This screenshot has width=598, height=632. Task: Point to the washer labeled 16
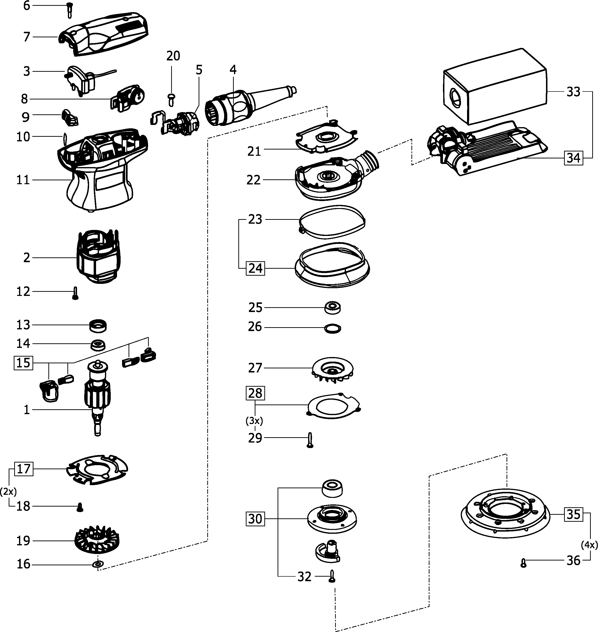97,564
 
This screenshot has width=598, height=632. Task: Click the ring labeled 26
332,328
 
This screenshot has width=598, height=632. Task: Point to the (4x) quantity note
589,545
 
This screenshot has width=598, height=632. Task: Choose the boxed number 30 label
255,519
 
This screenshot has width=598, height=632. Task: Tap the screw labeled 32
332,576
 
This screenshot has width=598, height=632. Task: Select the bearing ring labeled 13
97,326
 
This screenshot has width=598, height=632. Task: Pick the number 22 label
254,180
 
